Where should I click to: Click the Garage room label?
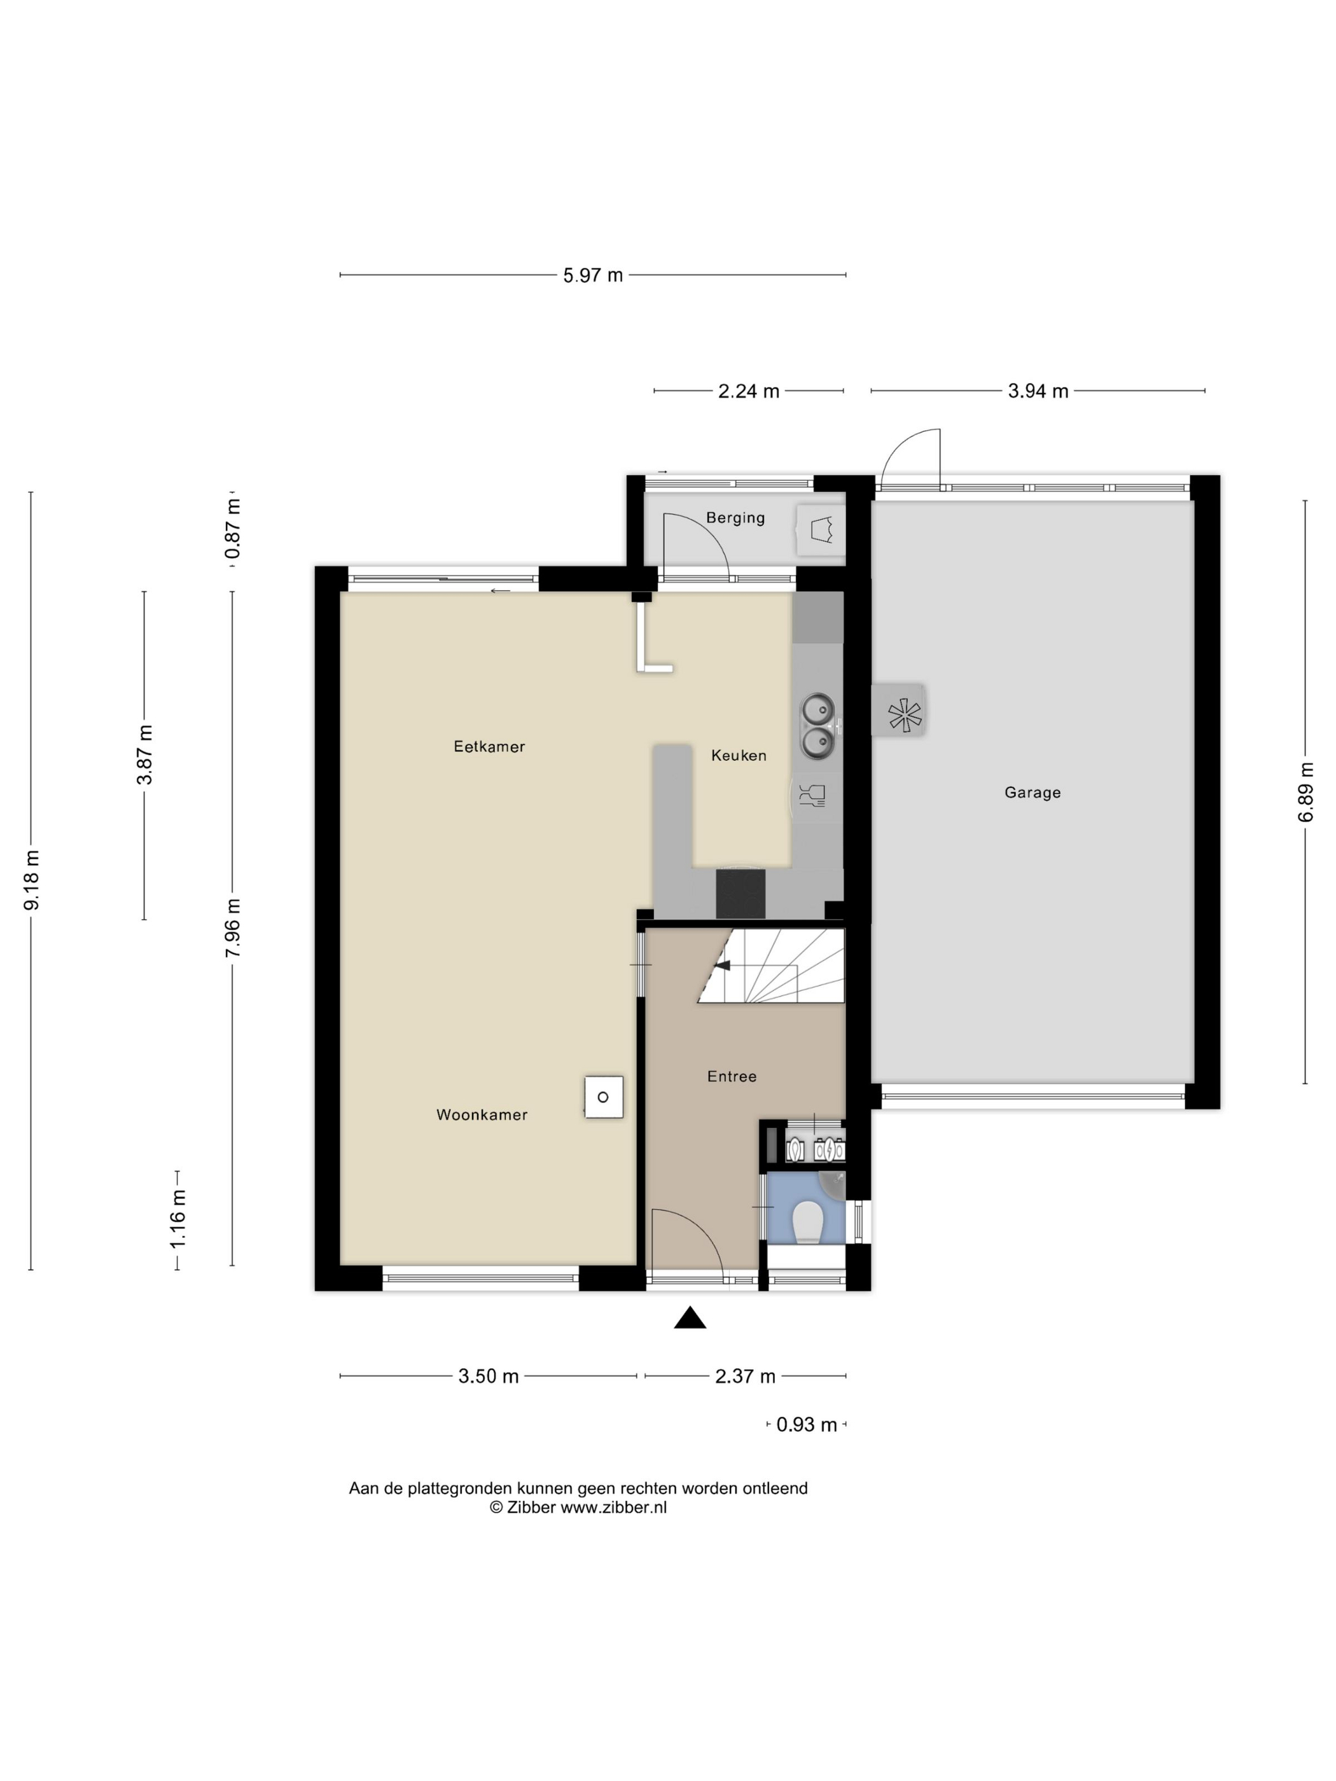coord(1032,793)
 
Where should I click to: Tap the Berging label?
coord(735,518)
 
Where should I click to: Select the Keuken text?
coord(739,755)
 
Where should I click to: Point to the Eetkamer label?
coord(489,746)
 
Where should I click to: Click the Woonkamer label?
coord(482,1115)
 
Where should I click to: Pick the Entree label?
coord(731,1076)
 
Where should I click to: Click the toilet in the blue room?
coord(806,1224)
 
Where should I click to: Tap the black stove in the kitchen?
coord(740,893)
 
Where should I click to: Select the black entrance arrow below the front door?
coord(690,1317)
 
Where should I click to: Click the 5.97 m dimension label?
coord(593,275)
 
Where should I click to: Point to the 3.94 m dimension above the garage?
coord(1038,391)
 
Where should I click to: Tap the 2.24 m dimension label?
coord(748,391)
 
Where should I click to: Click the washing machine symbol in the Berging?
coord(821,530)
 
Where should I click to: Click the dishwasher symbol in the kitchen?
coord(812,796)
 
